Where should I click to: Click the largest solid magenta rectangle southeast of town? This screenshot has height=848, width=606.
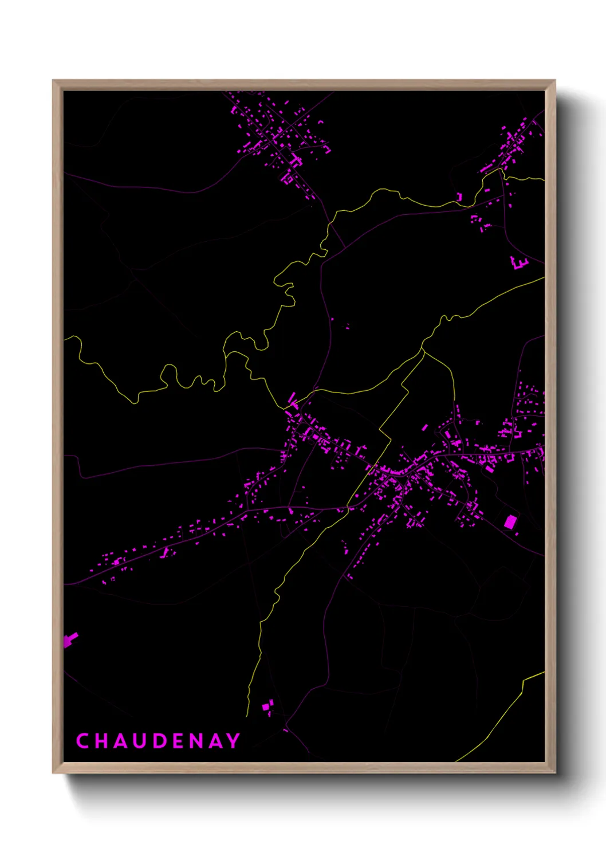(509, 521)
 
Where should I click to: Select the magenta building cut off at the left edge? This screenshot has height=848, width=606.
(69, 640)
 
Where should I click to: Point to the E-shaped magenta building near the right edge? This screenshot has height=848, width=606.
(519, 263)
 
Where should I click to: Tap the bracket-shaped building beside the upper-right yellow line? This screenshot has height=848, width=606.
(459, 197)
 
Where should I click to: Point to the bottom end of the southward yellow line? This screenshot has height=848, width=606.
(247, 714)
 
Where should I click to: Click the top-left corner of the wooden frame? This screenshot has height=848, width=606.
(53, 81)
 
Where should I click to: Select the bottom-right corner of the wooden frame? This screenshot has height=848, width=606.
(554, 773)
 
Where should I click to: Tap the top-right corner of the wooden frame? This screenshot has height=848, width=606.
(554, 81)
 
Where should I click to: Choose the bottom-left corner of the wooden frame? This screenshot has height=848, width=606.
(53, 773)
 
